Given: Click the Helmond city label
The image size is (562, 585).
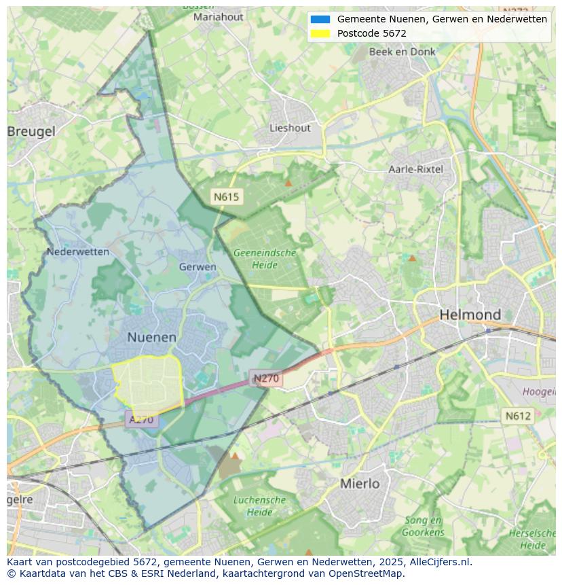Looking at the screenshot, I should [470, 315].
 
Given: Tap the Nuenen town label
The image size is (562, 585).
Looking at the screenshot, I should [152, 337].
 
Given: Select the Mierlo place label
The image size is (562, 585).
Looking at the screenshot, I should [360, 484].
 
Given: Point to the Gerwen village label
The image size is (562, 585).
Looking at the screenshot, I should [198, 267].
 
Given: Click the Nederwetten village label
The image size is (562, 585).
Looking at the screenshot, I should [78, 251].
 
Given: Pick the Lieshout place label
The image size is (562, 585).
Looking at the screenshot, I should [290, 128].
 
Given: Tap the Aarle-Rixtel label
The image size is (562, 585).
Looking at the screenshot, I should [415, 169].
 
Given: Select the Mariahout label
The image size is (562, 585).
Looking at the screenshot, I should [219, 17].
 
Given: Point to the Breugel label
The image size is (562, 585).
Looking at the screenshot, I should [31, 132].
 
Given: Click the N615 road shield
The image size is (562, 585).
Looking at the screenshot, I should [226, 197].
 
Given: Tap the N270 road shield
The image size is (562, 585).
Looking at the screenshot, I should [267, 378].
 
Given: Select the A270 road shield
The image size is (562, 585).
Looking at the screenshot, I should [141, 420].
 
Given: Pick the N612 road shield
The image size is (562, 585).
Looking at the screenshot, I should [518, 415].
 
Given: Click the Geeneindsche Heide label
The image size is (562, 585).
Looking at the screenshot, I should [265, 258].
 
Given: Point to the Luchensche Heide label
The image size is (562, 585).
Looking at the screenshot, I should [259, 506].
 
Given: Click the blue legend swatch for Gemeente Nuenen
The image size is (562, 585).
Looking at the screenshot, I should [320, 19].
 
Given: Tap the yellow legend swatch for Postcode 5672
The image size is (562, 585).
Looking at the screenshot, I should [320, 33].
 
